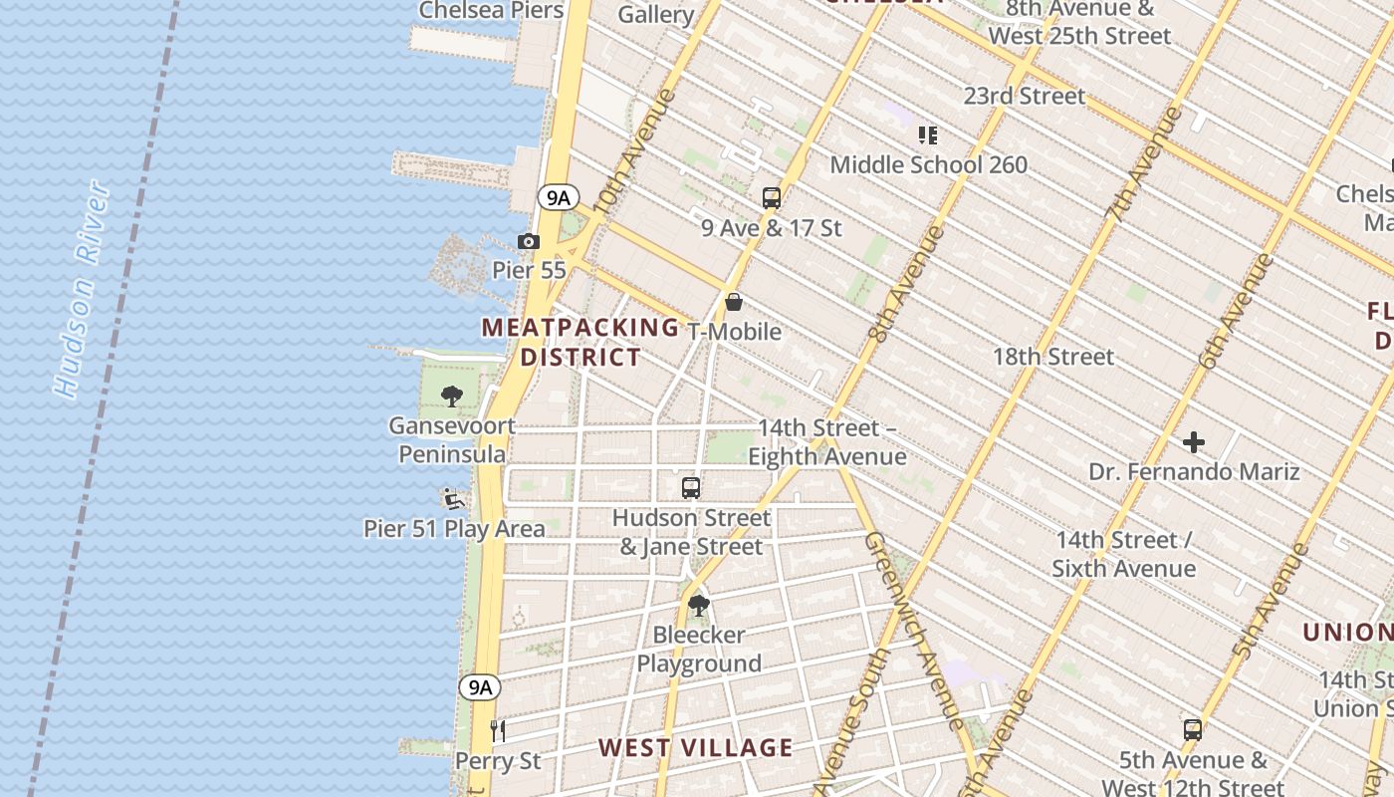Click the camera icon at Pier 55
[529, 241]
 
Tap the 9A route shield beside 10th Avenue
[558, 197]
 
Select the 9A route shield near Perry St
[480, 686]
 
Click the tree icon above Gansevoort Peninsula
[452, 396]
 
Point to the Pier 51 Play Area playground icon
[454, 498]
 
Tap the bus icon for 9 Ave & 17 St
[772, 197]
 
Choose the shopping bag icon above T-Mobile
[734, 301]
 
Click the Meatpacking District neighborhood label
[581, 342]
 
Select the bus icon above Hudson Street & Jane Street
[691, 487]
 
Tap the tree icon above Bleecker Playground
[699, 604]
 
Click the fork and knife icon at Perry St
[498, 731]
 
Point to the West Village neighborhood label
[696, 747]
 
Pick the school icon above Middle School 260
[928, 134]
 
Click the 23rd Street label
[1025, 96]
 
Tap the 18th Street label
[1053, 357]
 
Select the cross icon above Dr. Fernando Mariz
[1194, 441]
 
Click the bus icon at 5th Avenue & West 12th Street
[1192, 729]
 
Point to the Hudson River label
[82, 289]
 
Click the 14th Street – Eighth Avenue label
[827, 442]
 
